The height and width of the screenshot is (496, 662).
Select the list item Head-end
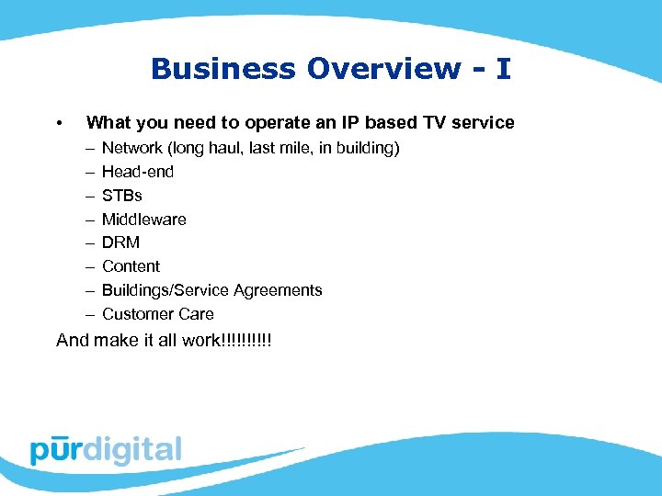(138, 172)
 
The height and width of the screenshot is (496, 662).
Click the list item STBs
(122, 196)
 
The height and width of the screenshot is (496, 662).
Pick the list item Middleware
(144, 220)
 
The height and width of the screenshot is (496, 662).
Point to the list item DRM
(120, 242)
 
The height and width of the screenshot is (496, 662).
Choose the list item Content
(131, 266)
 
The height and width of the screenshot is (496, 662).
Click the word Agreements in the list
(279, 290)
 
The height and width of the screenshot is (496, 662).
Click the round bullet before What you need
(59, 123)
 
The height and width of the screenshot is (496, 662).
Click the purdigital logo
(106, 450)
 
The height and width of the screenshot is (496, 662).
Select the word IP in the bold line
(350, 123)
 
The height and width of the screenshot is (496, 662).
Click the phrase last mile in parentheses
(259, 148)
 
